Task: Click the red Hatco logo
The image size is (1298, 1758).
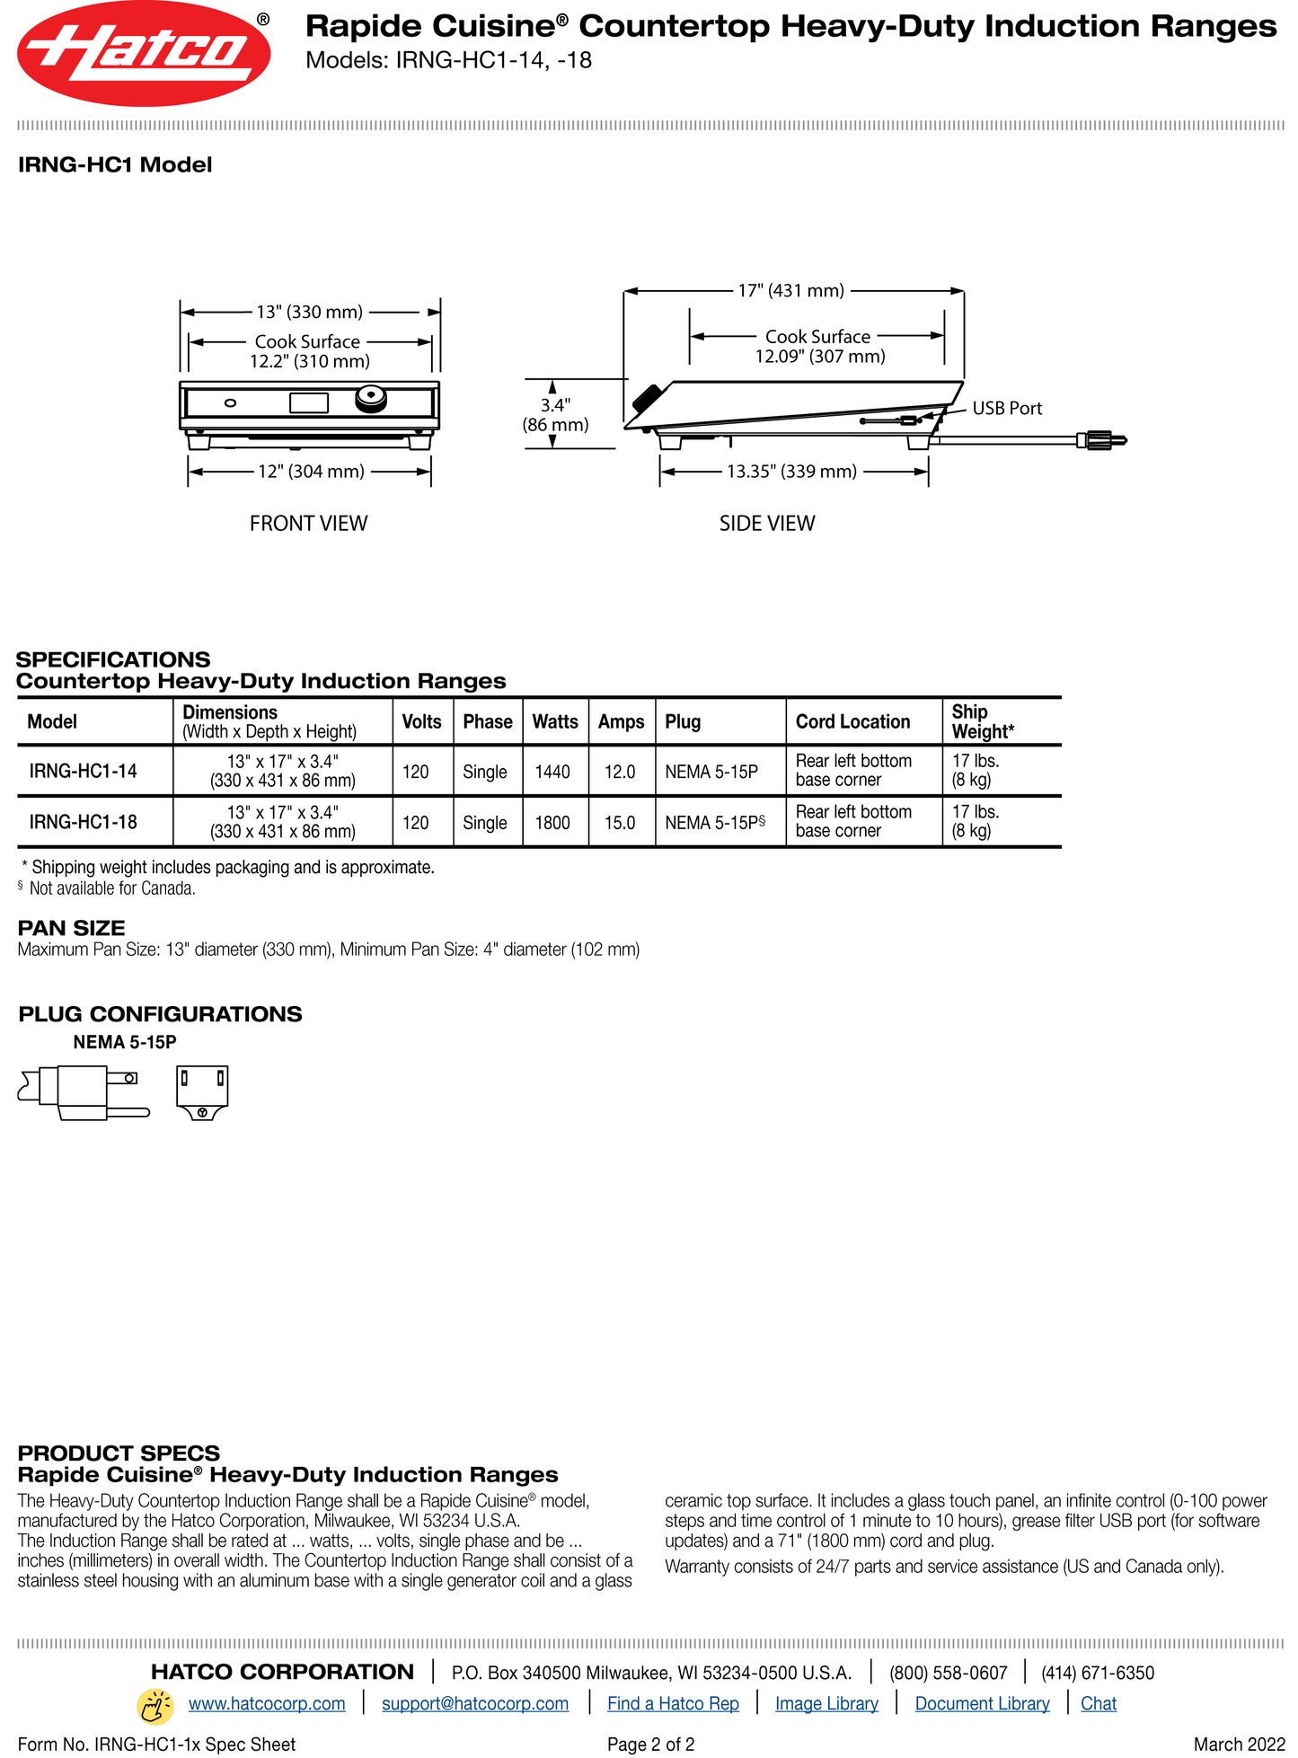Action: pos(144,54)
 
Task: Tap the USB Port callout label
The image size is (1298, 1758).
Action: pos(1007,409)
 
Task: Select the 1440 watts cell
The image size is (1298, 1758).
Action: pos(552,772)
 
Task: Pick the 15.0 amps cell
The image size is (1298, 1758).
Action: pos(620,823)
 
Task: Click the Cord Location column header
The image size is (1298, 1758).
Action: pos(852,722)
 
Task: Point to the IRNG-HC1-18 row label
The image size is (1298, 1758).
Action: pos(83,822)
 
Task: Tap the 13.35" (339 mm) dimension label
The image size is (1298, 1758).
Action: pos(791,472)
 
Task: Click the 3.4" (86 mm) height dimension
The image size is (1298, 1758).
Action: pos(555,415)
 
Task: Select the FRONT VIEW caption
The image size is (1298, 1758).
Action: pos(308,524)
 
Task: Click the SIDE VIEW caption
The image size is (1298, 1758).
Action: pos(766,524)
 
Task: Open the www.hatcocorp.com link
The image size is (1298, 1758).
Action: pos(267,1704)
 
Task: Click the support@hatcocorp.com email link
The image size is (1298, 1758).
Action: pos(475,1704)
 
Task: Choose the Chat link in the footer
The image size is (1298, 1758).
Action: pos(1098,1704)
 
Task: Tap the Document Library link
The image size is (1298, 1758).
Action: pos(982,1704)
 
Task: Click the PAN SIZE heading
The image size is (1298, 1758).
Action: pos(72,929)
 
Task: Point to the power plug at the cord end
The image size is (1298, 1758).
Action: pos(1103,440)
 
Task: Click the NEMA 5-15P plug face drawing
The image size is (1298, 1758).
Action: pos(202,1092)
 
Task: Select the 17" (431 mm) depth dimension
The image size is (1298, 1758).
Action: pos(790,291)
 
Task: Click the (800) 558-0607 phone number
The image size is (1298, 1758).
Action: pos(948,1674)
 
